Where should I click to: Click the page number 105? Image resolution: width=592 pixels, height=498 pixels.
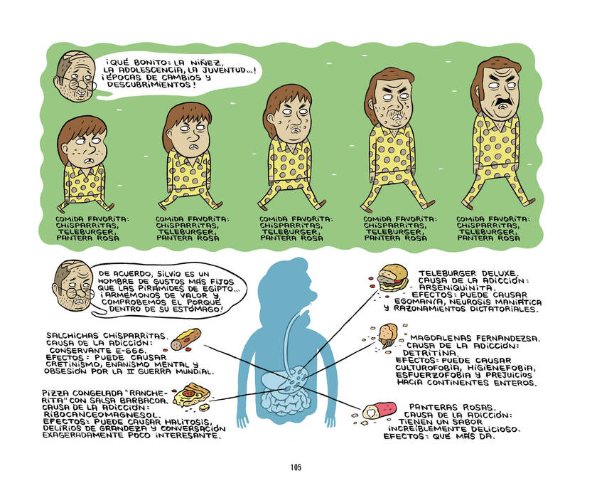[296, 467]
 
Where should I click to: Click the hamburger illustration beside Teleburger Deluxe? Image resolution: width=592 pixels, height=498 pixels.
[393, 277]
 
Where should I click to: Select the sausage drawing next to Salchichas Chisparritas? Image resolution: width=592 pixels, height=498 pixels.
[185, 339]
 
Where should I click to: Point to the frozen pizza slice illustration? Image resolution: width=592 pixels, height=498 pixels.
[191, 394]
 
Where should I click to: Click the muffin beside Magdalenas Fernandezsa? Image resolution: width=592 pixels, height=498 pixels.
[388, 335]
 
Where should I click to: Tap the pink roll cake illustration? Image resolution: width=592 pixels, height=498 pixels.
[380, 410]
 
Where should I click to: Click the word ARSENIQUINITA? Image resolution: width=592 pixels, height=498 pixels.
[456, 288]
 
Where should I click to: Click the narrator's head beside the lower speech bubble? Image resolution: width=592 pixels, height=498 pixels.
[72, 285]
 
